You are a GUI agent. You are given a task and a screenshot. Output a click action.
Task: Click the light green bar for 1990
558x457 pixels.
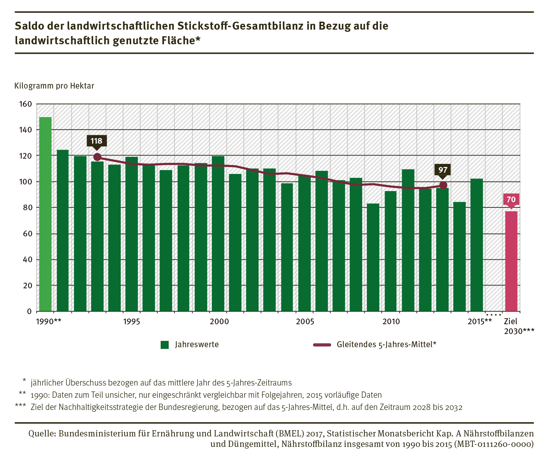coord(45,214)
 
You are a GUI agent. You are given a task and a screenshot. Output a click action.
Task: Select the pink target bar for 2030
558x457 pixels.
coord(511,261)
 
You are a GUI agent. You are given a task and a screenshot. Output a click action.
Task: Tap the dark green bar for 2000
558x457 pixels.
coord(218,234)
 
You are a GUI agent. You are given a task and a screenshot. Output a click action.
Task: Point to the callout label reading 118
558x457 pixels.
coord(97,141)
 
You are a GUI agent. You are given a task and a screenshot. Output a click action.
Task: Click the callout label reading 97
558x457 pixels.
coord(443,170)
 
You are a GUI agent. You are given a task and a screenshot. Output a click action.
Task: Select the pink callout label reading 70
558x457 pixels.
coord(511,199)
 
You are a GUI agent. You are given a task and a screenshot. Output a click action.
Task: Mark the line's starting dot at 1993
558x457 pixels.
coord(97,157)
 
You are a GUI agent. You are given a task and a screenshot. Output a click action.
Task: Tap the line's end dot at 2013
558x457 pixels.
coord(443,185)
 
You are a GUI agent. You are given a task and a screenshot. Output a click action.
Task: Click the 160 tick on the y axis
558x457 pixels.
coord(25,104)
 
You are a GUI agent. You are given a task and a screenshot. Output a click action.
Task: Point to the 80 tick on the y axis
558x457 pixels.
coord(27,207)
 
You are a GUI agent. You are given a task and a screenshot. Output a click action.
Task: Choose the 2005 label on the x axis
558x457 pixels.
coord(305,321)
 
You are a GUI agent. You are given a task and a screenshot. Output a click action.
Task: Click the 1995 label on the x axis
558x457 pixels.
coord(132,321)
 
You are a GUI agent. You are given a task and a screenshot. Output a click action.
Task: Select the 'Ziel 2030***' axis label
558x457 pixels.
coord(518,326)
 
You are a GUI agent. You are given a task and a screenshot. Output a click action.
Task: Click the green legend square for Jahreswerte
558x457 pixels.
coord(165,345)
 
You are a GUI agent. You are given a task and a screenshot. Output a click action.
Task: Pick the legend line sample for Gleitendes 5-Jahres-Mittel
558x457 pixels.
coord(322,345)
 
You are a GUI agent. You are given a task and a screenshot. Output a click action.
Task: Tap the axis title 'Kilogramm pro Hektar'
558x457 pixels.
coord(54,86)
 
